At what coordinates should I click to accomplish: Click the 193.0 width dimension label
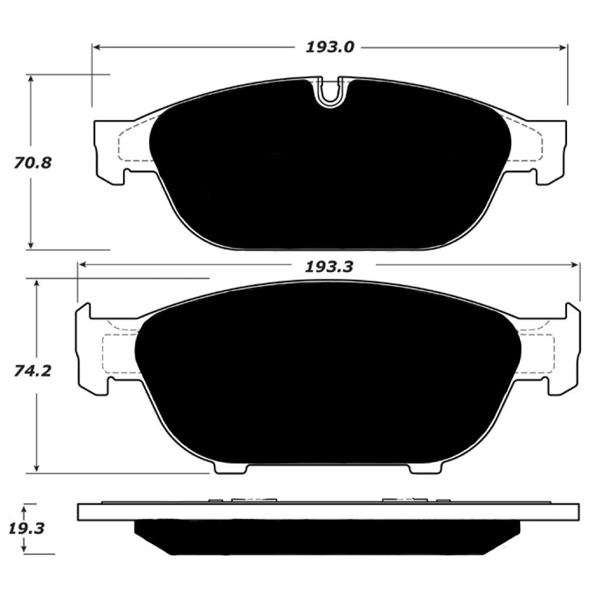click(x=328, y=47)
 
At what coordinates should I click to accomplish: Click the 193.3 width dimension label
click(x=328, y=267)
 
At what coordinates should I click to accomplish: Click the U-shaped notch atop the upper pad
click(x=329, y=92)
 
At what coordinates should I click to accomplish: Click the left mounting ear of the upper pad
click(x=107, y=151)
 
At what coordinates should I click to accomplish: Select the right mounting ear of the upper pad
click(x=551, y=151)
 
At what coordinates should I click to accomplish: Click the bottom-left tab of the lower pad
click(x=229, y=467)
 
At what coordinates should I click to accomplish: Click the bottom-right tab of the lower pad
click(x=424, y=467)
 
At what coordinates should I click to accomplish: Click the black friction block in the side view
click(x=326, y=536)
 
